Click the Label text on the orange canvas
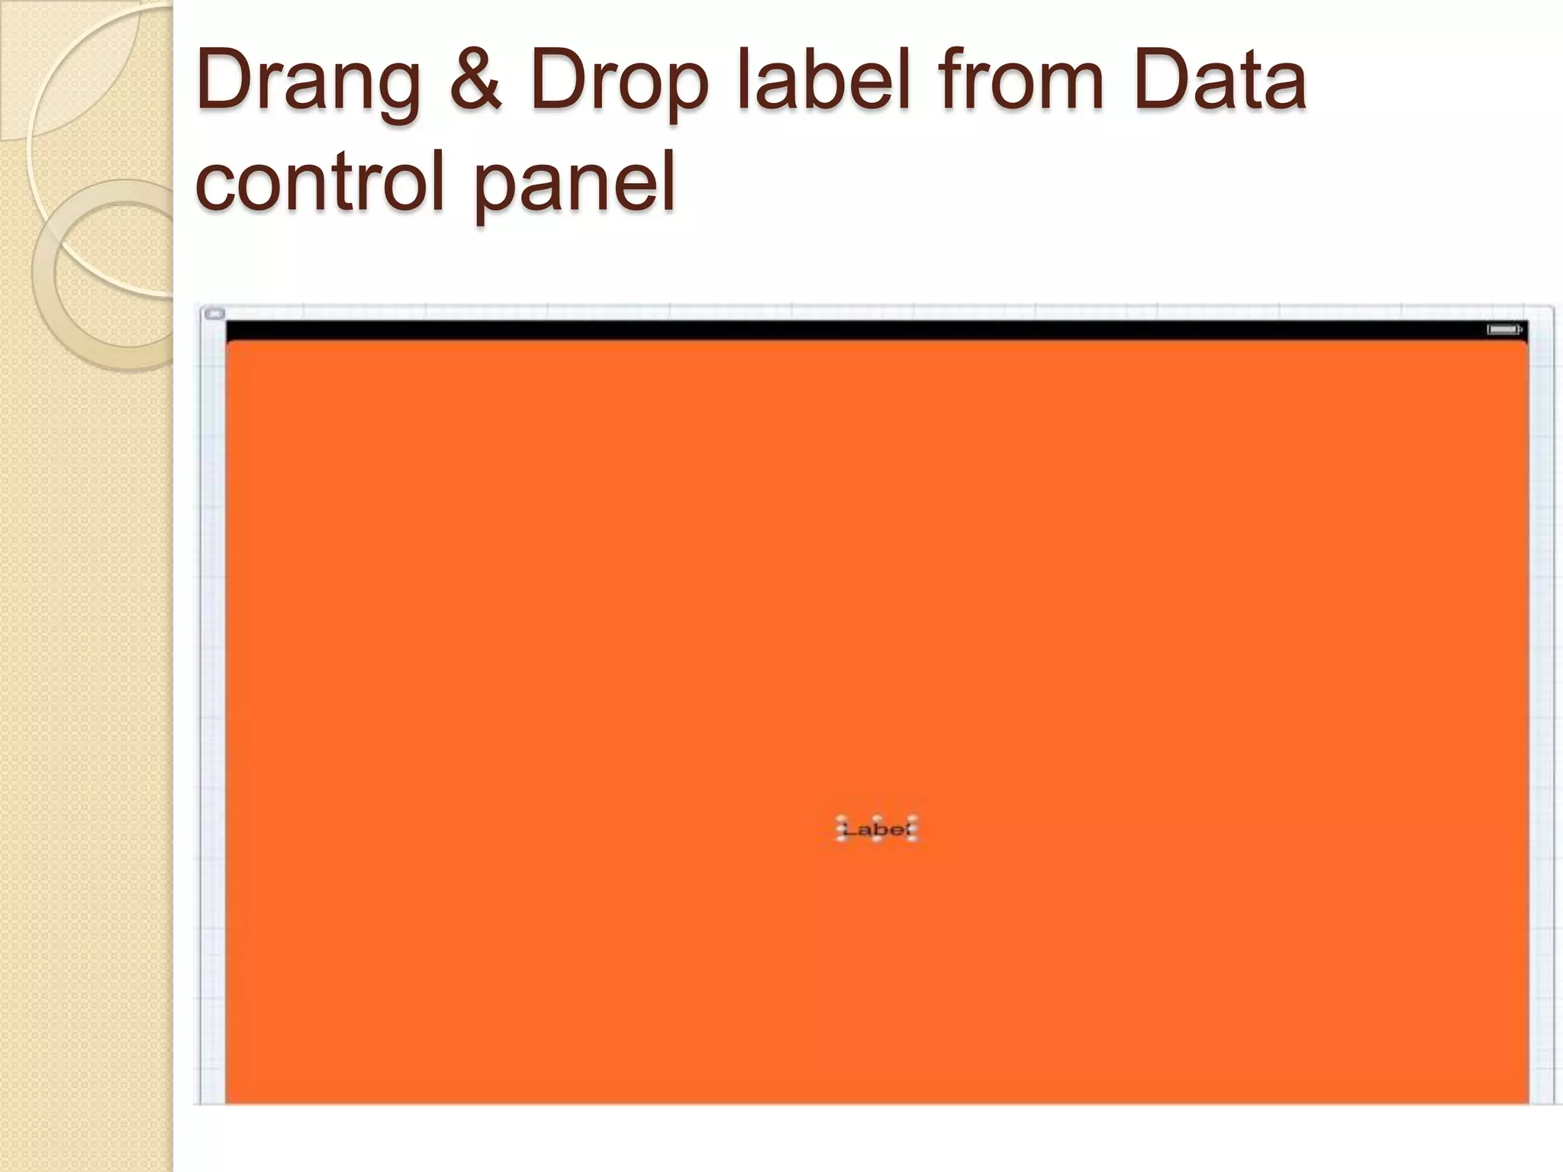click(x=876, y=829)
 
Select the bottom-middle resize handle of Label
click(x=876, y=839)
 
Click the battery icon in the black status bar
click(x=1503, y=330)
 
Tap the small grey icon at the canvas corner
click(x=215, y=314)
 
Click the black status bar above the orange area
click(x=840, y=330)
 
